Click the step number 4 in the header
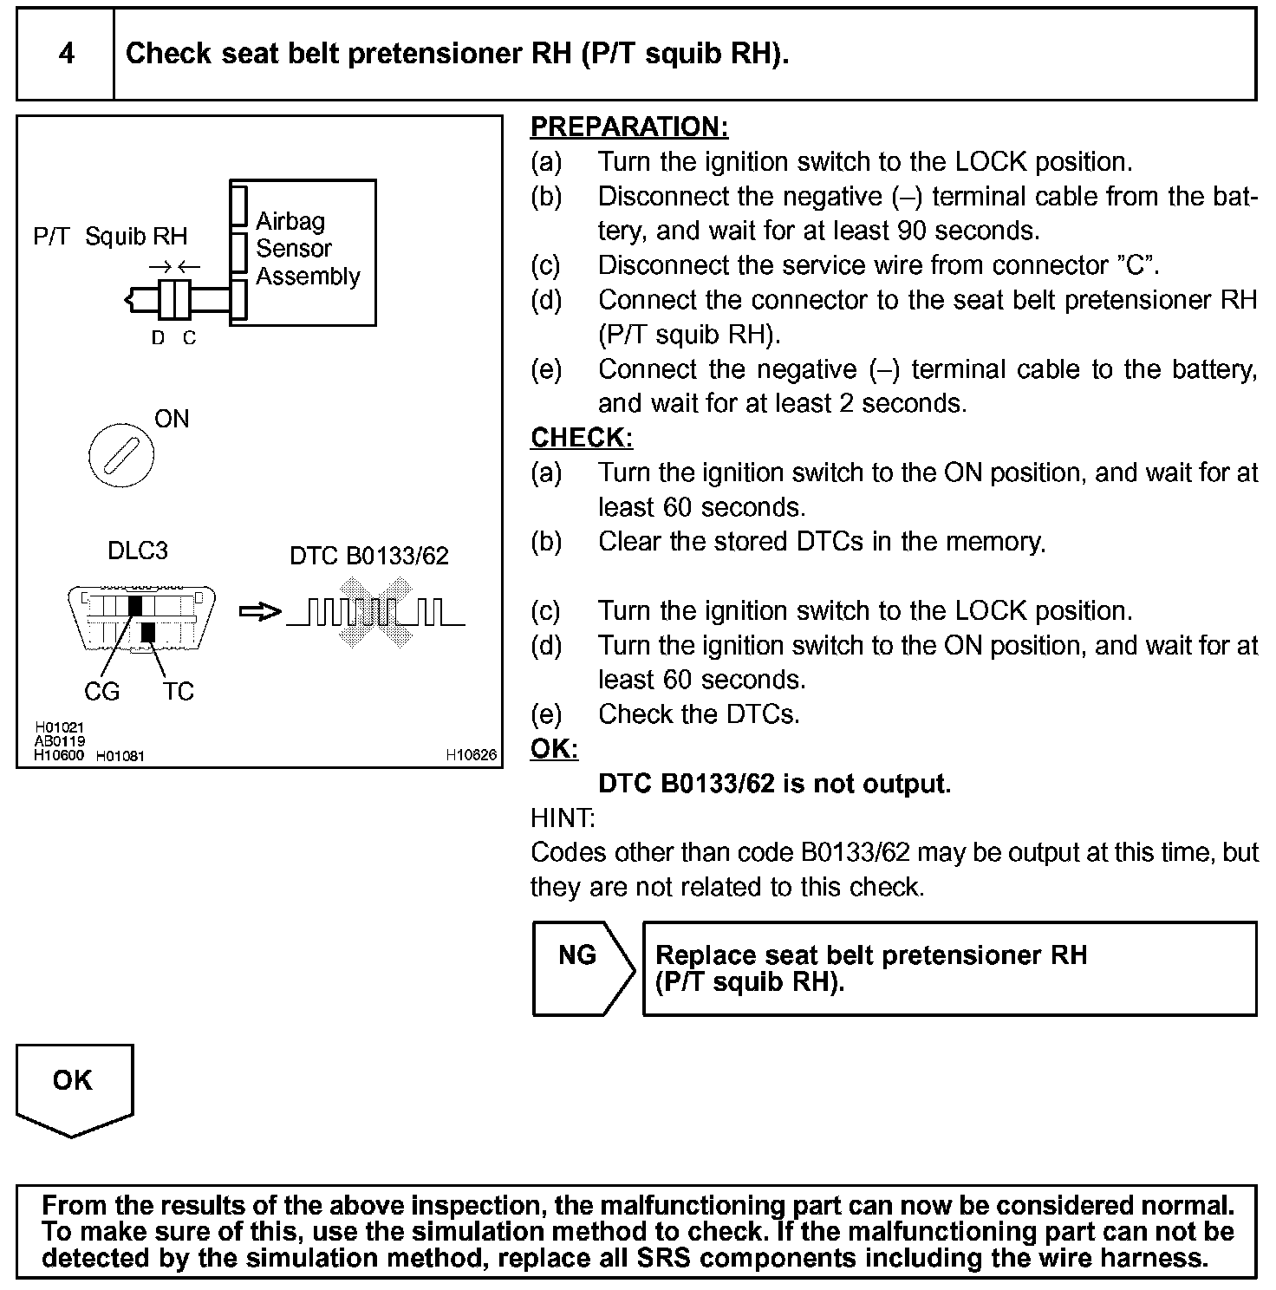(66, 54)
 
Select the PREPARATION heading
(629, 127)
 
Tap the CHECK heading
(582, 438)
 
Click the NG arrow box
(581, 967)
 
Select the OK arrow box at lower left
(74, 1087)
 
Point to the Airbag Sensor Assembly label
(307, 249)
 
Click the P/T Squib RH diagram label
(110, 236)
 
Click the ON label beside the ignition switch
(172, 419)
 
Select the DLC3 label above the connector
(138, 551)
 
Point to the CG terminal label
(101, 692)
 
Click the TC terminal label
(179, 692)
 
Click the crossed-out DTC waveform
(375, 614)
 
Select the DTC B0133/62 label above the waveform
(369, 556)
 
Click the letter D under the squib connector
(158, 339)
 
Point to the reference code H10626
(472, 755)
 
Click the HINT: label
(563, 818)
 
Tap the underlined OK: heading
(554, 749)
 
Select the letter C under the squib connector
(190, 339)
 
